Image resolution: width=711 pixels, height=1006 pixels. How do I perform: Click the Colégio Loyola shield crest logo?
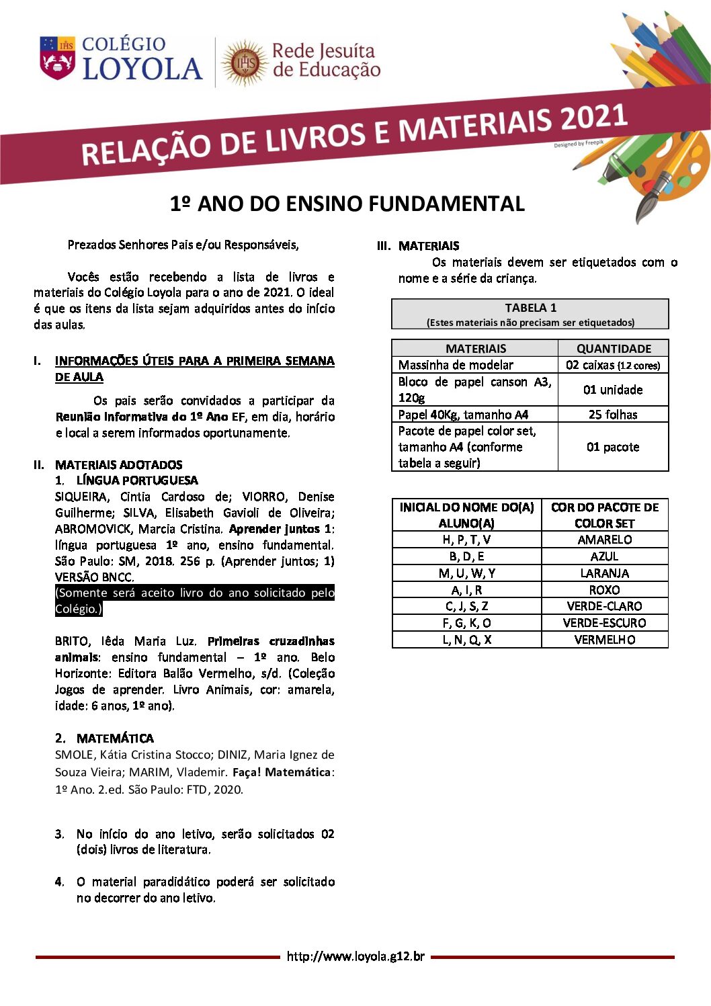(58, 58)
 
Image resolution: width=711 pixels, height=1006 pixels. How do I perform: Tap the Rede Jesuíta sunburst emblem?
(245, 62)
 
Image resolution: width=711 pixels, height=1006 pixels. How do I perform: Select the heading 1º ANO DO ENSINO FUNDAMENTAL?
(347, 204)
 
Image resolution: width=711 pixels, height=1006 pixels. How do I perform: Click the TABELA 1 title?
(530, 308)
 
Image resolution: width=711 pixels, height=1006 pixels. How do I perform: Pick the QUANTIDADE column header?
(614, 348)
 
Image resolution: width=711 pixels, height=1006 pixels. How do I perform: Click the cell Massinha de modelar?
(456, 365)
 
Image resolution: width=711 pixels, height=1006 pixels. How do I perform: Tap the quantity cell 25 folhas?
(613, 415)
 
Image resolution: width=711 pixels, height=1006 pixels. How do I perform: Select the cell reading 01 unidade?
(613, 390)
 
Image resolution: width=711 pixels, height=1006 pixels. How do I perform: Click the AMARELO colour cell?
(605, 540)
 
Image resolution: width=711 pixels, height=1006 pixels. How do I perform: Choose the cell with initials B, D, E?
(466, 556)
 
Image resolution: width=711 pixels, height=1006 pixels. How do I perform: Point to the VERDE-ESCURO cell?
(605, 623)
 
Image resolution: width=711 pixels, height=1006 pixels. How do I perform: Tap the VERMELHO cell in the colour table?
(605, 640)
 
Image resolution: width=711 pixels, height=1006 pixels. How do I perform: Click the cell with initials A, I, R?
(466, 590)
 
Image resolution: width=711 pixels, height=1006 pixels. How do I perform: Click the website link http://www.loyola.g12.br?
(355, 956)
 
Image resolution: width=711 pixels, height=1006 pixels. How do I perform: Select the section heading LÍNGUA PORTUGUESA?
(137, 480)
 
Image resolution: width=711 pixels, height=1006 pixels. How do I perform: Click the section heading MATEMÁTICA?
(115, 738)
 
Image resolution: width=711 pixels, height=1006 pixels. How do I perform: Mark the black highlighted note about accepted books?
(194, 601)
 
